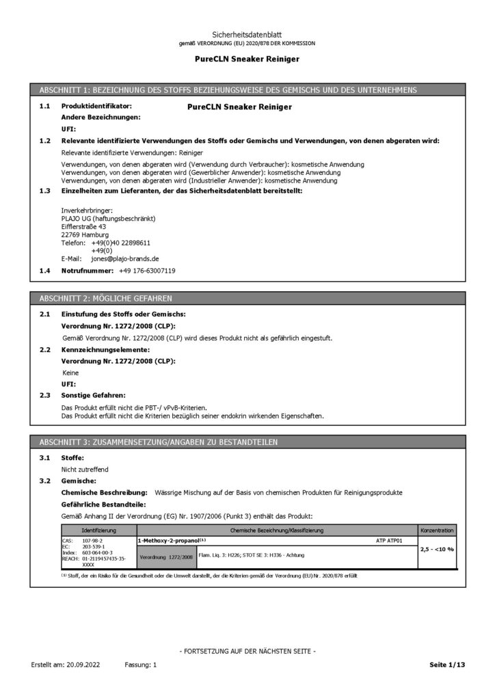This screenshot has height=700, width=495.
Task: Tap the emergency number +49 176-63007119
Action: click(147, 271)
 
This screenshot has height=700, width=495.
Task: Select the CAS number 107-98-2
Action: click(91, 540)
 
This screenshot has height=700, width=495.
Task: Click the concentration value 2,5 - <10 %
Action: click(437, 549)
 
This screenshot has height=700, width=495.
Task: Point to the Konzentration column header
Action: click(437, 530)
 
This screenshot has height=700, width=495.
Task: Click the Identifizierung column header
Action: click(98, 530)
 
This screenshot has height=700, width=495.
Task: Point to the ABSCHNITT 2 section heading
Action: click(106, 299)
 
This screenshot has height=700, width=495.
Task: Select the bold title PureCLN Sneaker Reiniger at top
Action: click(247, 59)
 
